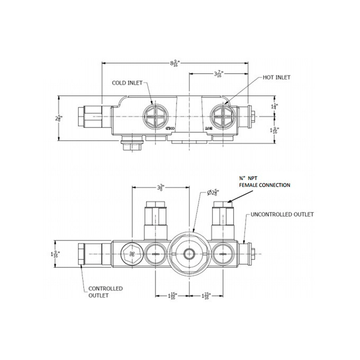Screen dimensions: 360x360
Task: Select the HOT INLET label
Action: point(277,77)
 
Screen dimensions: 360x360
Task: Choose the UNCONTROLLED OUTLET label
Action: point(282,214)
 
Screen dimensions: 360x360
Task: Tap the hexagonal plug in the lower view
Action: point(132,254)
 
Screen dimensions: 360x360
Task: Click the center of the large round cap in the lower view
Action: point(189,254)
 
